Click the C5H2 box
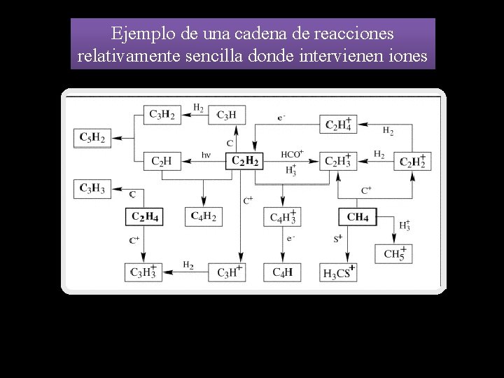pyautogui.click(x=93, y=138)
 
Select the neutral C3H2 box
pyautogui.click(x=162, y=114)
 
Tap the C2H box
pyautogui.click(x=162, y=162)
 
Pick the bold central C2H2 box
pyautogui.click(x=245, y=162)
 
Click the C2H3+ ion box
pyautogui.click(x=338, y=162)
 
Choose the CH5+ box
pyautogui.click(x=394, y=253)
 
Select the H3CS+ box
pyautogui.click(x=338, y=272)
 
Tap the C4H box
pyautogui.click(x=282, y=272)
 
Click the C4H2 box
pyautogui.click(x=203, y=217)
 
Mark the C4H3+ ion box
pyautogui.click(x=282, y=217)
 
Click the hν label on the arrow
pyautogui.click(x=206, y=155)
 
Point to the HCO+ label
pyautogui.click(x=291, y=153)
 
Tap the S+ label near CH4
pyautogui.click(x=337, y=239)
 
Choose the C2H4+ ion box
pyautogui.click(x=338, y=124)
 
